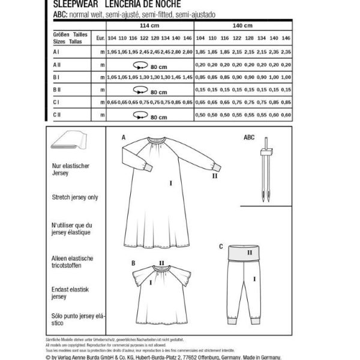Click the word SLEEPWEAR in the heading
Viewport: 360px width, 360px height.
[x=64, y=3]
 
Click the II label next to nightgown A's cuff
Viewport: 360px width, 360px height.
[x=213, y=176]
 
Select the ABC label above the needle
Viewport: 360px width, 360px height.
[x=248, y=137]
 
